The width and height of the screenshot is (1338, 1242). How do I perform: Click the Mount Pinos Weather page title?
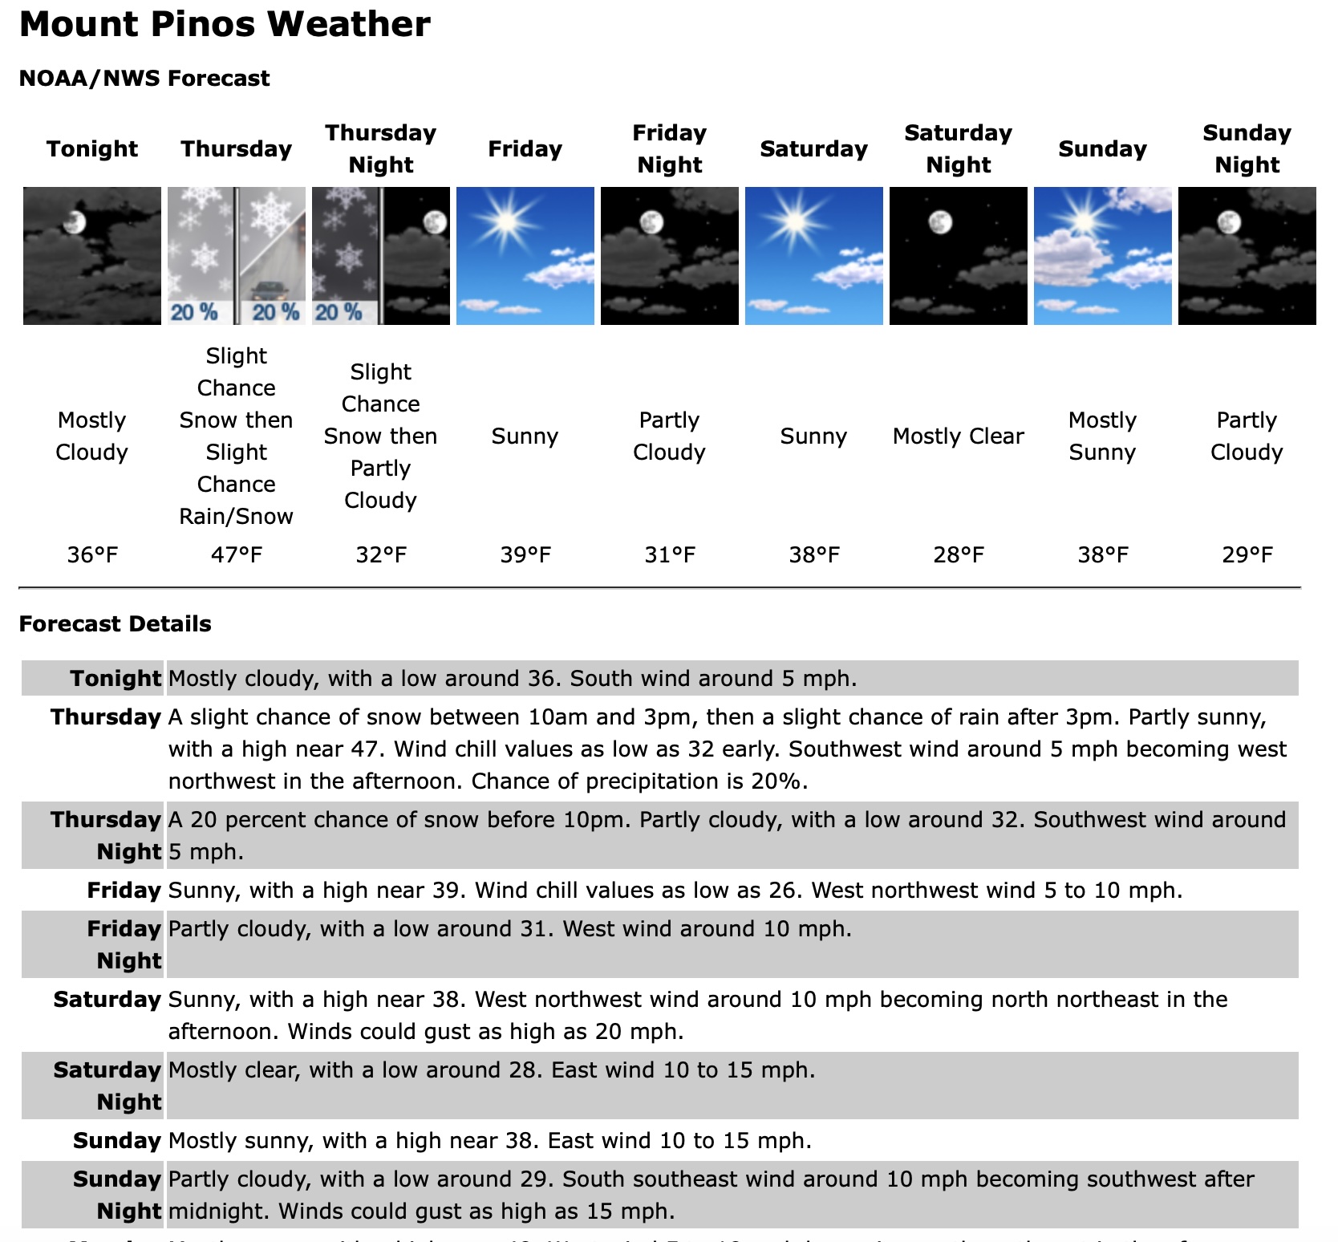pos(225,25)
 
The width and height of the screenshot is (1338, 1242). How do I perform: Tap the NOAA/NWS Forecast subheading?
pos(144,79)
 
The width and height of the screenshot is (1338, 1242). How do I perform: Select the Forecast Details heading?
pos(115,624)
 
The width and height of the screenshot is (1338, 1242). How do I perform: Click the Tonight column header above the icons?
pos(92,149)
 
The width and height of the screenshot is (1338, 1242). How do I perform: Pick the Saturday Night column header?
pos(958,149)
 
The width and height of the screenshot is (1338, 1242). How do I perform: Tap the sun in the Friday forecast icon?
pos(506,221)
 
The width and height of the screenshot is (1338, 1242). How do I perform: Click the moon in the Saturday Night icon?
pos(940,221)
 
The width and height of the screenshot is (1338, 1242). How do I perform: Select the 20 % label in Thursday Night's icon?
pos(338,312)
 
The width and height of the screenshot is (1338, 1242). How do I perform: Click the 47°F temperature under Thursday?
pos(237,555)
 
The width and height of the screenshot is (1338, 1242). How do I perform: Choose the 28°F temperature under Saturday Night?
pos(958,555)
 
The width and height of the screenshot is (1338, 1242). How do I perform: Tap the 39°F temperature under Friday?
pos(525,555)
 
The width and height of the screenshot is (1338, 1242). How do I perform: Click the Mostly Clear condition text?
pos(958,436)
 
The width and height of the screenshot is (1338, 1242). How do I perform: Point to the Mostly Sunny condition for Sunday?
pos(1102,436)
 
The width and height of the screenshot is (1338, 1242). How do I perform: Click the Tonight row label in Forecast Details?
pos(116,679)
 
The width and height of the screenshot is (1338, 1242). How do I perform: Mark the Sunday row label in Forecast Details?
pos(117,1141)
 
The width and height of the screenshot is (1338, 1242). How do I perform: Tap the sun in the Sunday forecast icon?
pos(1082,220)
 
